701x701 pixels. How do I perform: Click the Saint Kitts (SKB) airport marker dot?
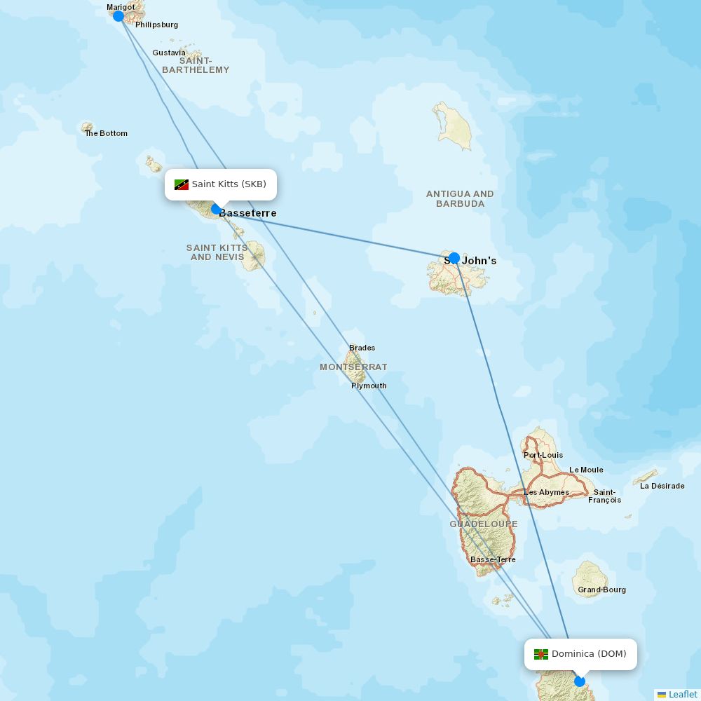tap(216, 208)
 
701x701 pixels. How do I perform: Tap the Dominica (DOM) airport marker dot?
tap(580, 681)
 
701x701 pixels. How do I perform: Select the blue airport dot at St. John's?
tap(454, 257)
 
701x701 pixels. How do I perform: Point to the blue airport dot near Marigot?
tap(118, 16)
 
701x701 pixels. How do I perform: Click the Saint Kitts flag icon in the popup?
tap(182, 184)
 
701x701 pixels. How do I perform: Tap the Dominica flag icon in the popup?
tap(540, 654)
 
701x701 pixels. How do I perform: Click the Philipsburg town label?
tap(156, 25)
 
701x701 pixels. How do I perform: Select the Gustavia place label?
tap(169, 53)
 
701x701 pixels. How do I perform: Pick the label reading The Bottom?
tap(107, 133)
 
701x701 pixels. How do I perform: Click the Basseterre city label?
tap(248, 213)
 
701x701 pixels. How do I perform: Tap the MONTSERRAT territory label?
tap(353, 367)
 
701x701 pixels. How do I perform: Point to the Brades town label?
tap(362, 348)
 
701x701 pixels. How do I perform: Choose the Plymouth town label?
tap(369, 386)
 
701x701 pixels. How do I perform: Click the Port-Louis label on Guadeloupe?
tap(543, 455)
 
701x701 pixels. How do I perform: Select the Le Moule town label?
tap(586, 470)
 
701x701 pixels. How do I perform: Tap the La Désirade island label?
tap(662, 486)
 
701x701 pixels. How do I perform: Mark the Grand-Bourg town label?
tap(601, 590)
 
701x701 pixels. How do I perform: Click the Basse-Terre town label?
tap(493, 559)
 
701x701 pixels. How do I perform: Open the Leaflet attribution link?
tap(682, 694)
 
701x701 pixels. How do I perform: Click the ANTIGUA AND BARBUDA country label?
tap(460, 198)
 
